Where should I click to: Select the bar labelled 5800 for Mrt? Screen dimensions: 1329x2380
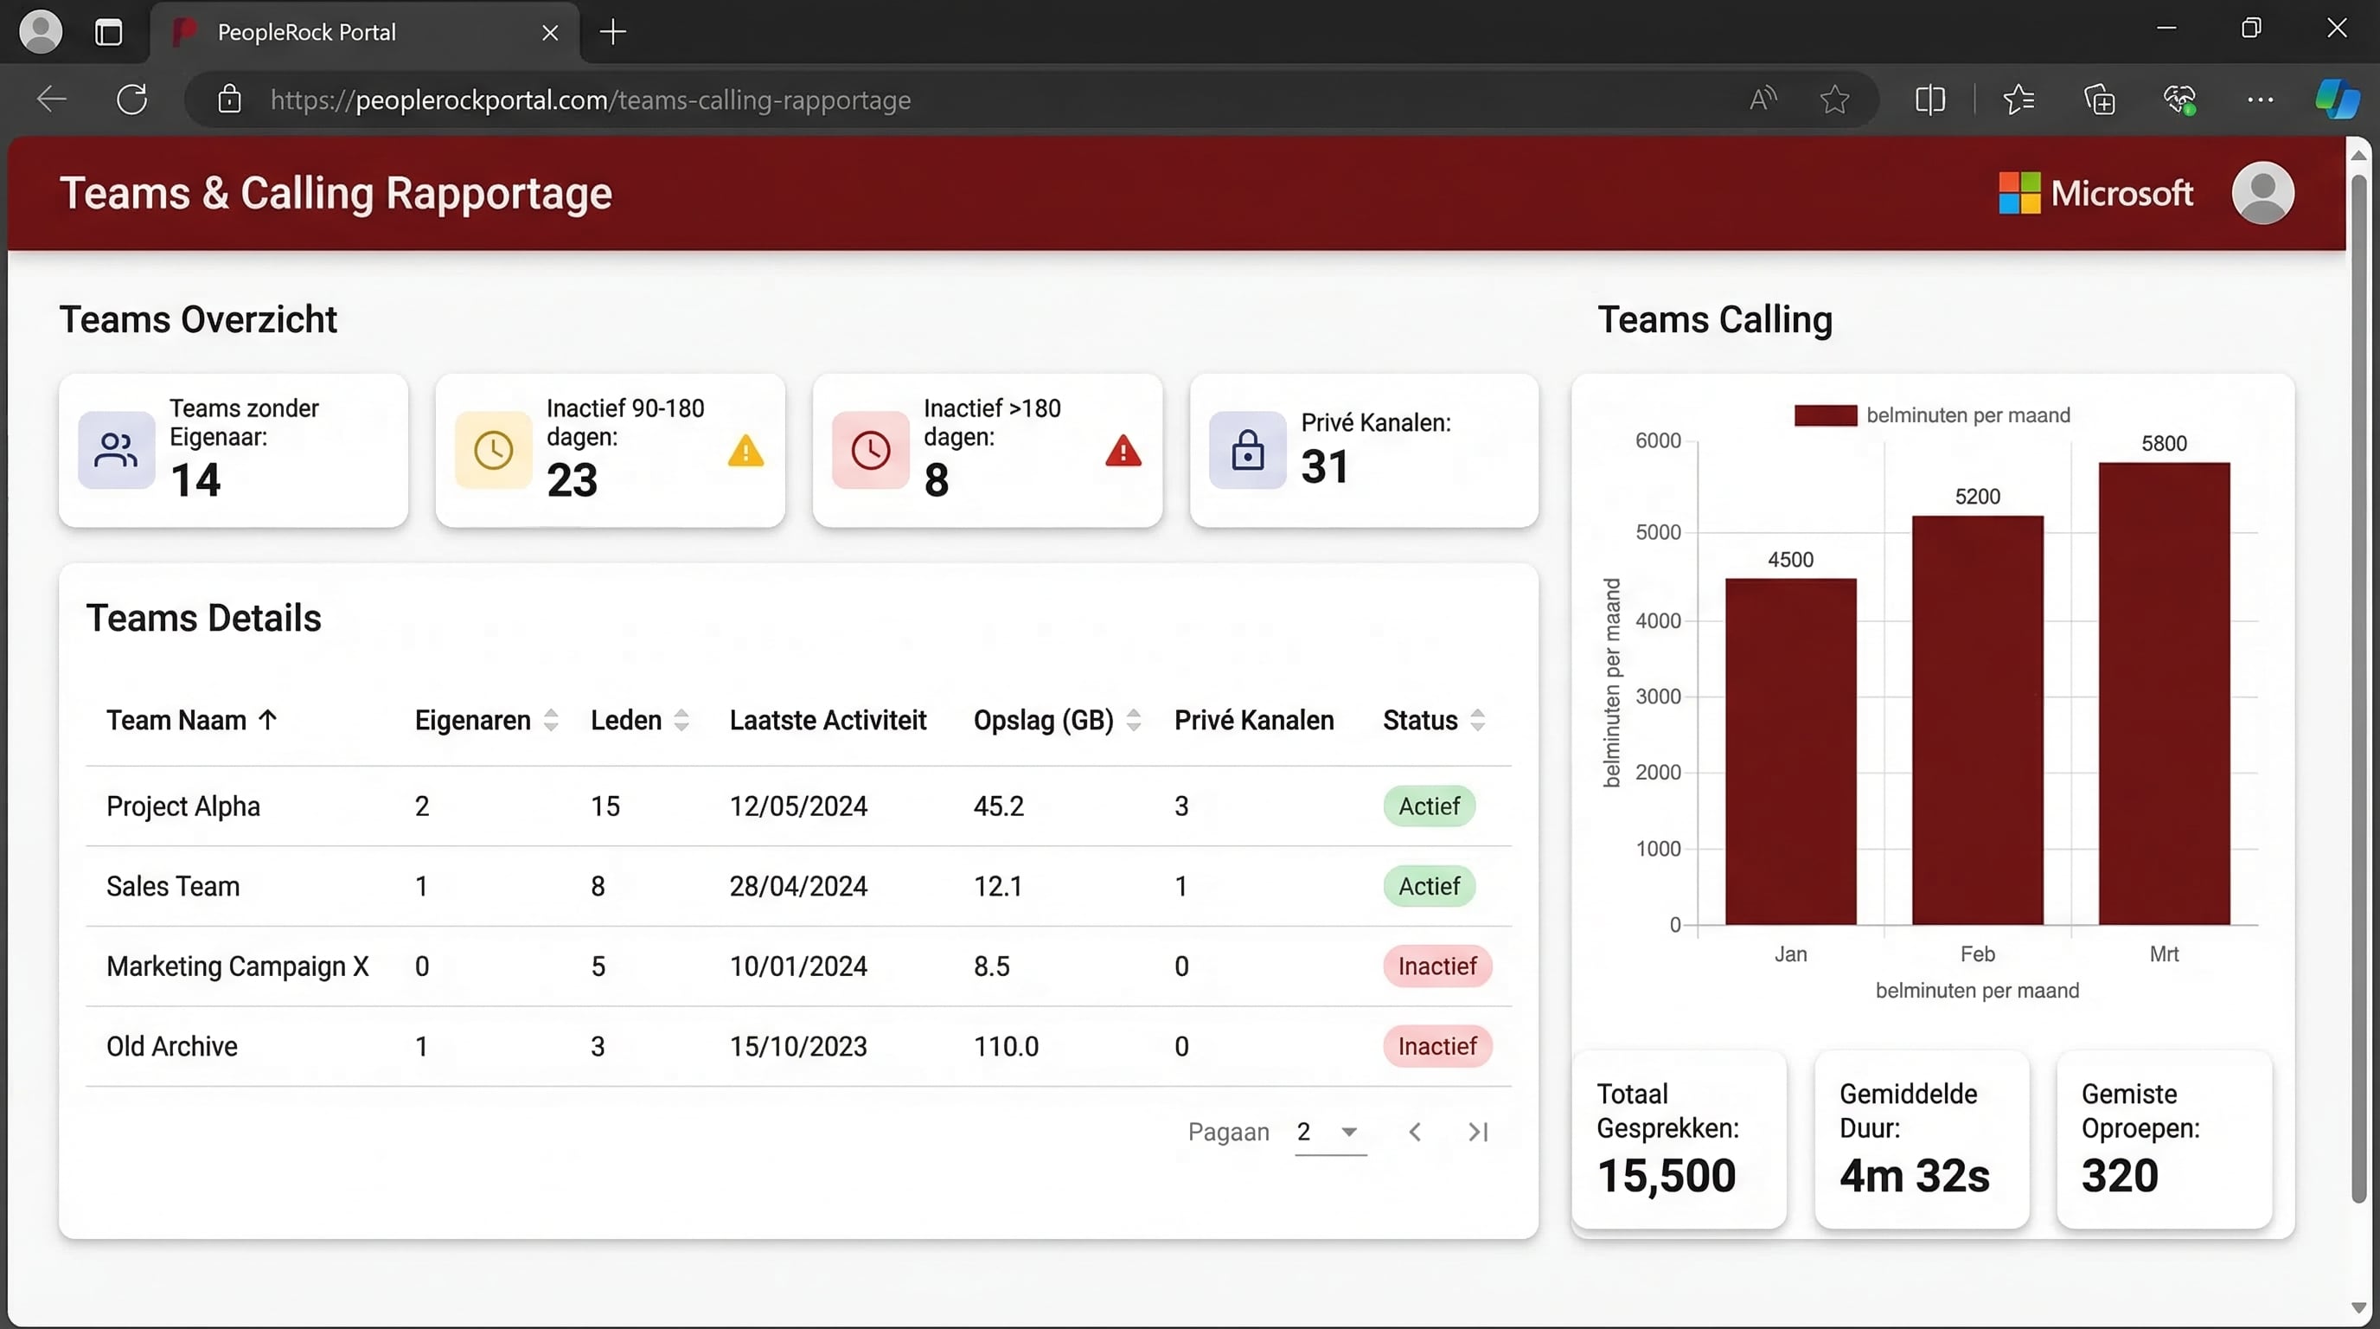click(x=2164, y=693)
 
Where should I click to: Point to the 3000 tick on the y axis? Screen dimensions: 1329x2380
click(x=1659, y=697)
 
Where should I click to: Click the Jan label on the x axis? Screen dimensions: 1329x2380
click(x=1790, y=953)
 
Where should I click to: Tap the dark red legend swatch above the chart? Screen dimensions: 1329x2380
click(x=1825, y=416)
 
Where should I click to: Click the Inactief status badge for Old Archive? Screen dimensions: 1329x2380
click(x=1436, y=1046)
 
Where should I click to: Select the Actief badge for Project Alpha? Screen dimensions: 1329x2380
click(x=1429, y=806)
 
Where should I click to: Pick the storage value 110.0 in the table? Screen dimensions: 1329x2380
click(x=1006, y=1046)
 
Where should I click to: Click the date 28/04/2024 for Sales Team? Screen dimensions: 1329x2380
click(x=798, y=886)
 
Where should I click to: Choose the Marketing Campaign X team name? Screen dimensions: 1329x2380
click(x=238, y=966)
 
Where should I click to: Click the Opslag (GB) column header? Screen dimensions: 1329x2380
click(x=1043, y=720)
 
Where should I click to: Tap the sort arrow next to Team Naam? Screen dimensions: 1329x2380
click(x=268, y=720)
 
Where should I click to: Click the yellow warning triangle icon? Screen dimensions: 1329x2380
click(x=745, y=452)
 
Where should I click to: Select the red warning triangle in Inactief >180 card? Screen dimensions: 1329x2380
click(x=1123, y=452)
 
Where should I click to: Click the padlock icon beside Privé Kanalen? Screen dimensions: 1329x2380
click(x=1247, y=450)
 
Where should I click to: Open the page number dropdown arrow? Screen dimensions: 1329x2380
click(x=1349, y=1132)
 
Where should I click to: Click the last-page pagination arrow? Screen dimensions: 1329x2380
click(x=1478, y=1132)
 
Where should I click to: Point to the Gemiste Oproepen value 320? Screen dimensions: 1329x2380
click(x=2120, y=1176)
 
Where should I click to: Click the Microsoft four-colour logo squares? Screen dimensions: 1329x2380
click(x=2019, y=193)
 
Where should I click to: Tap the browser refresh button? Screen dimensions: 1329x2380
click(x=132, y=99)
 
